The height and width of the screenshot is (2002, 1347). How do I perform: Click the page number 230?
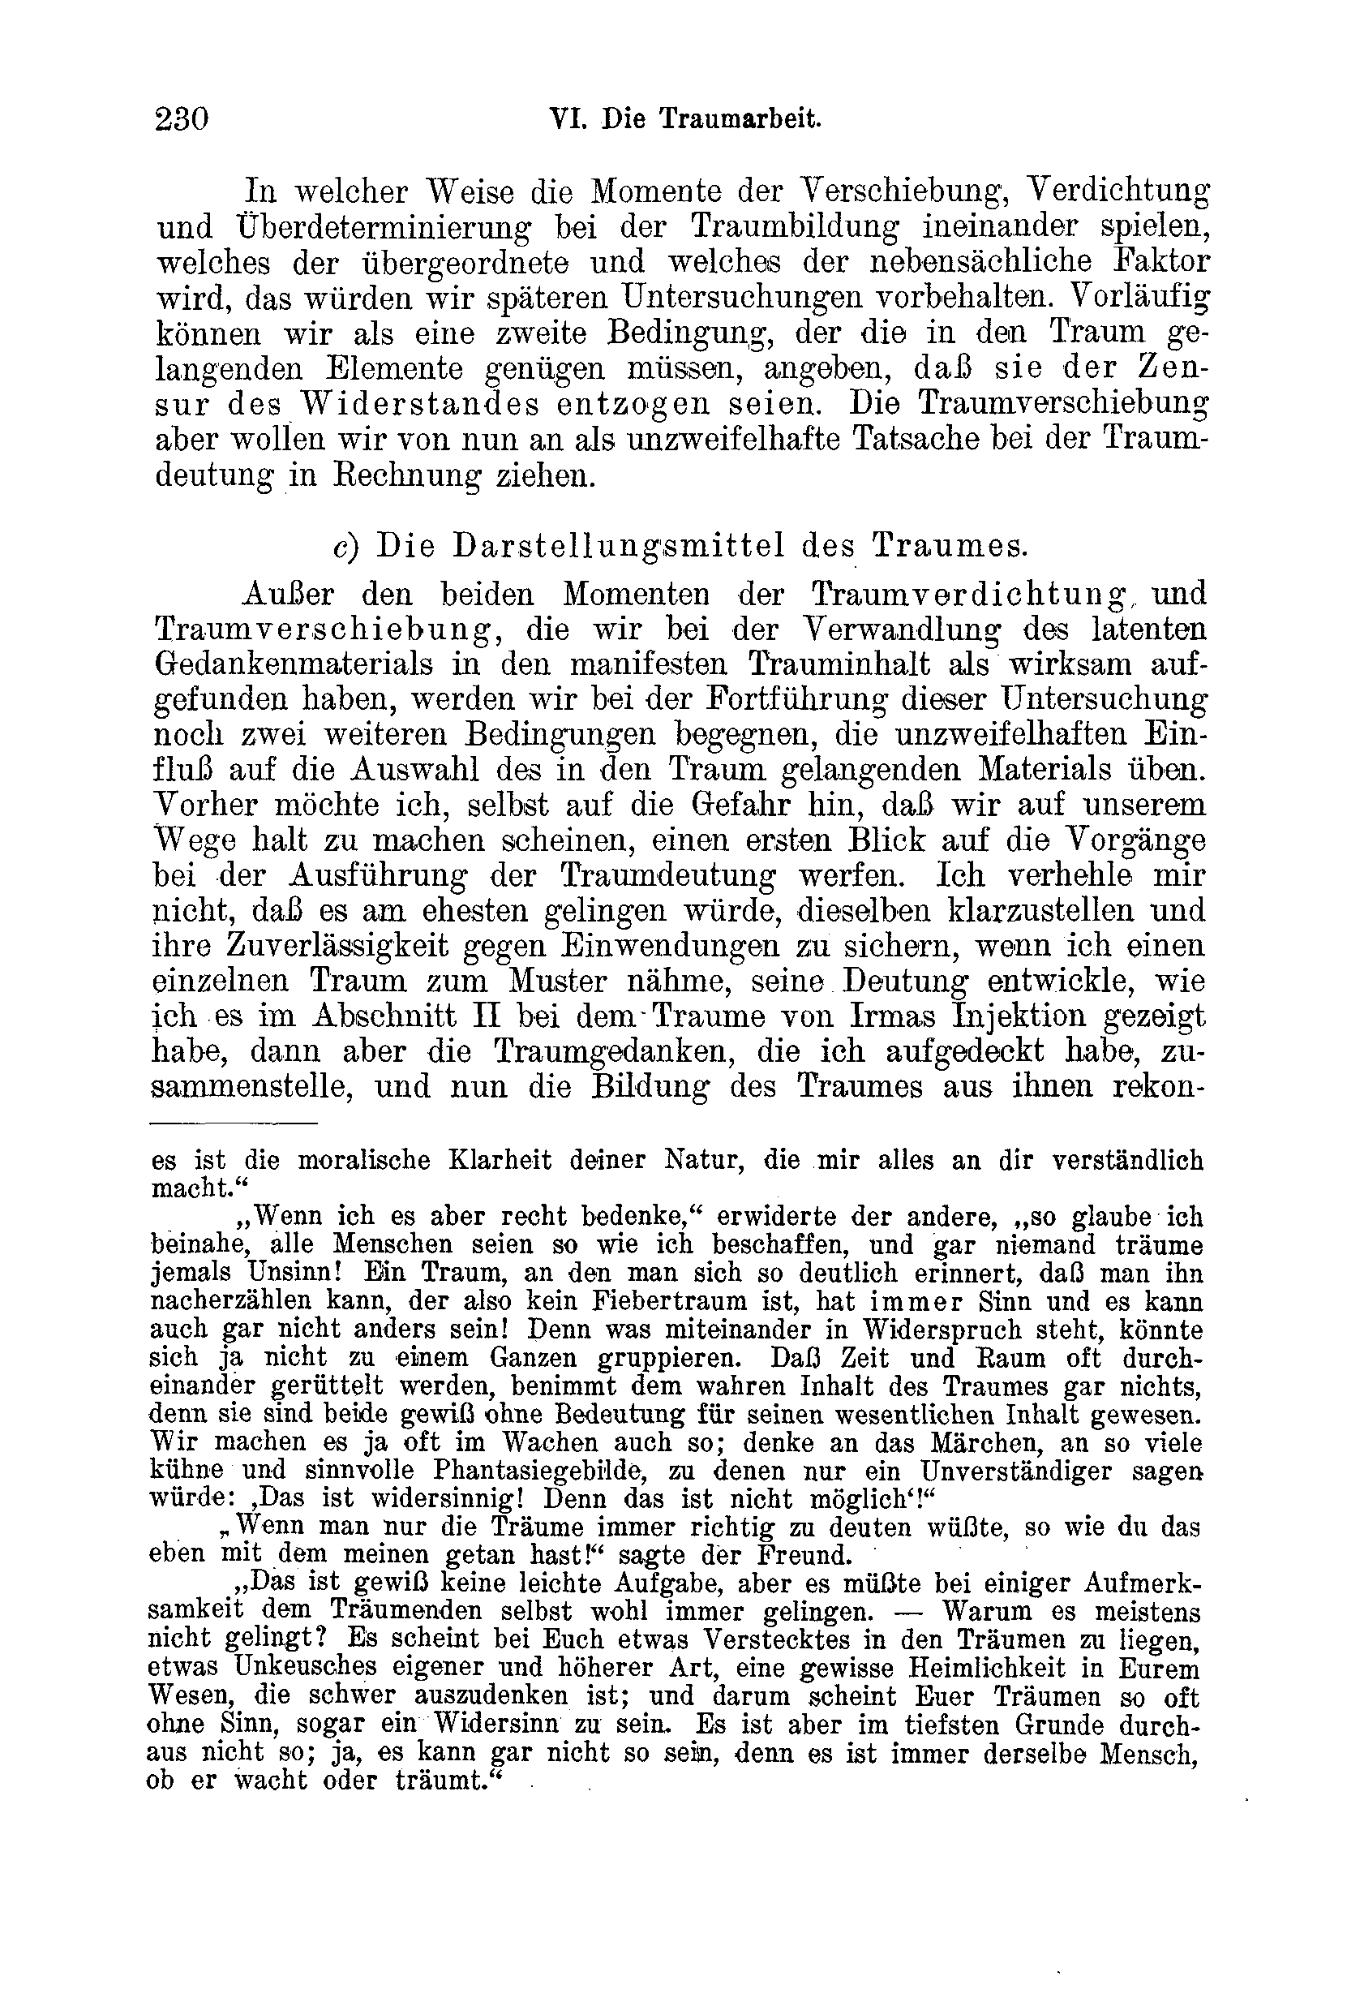182,118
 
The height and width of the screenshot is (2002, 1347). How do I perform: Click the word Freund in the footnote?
802,1555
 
